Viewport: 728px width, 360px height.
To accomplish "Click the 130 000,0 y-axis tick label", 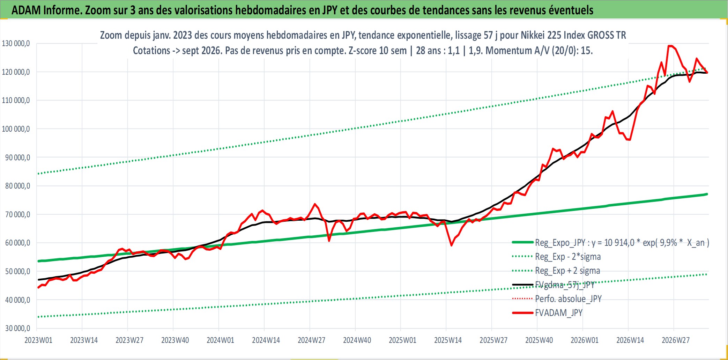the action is [x=16, y=43].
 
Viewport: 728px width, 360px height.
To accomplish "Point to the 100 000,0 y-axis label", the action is [x=16, y=129].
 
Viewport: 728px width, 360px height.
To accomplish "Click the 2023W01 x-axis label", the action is [x=38, y=340].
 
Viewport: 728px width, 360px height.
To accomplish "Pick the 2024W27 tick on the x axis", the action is [x=311, y=340].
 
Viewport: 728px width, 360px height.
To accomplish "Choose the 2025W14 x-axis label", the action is [x=448, y=340].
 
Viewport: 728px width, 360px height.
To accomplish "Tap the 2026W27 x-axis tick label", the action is [x=676, y=340].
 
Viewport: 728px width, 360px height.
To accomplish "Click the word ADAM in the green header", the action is [x=26, y=10].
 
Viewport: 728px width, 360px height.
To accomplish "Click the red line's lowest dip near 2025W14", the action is [x=451, y=245].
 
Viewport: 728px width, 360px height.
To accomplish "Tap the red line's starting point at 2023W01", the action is [x=38, y=288].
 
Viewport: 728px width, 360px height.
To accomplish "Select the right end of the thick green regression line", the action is [x=707, y=194].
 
